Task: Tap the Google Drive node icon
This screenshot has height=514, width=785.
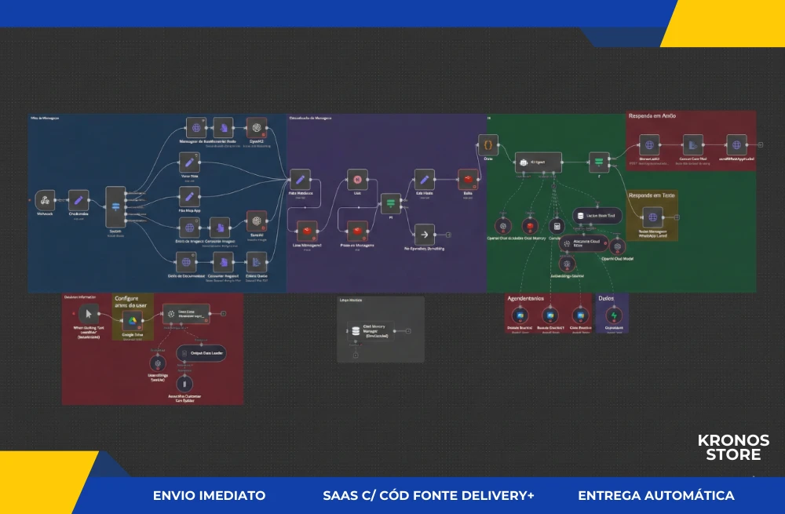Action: click(133, 322)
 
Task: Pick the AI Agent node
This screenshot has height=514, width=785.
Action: click(539, 162)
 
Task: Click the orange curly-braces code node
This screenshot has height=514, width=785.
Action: click(488, 145)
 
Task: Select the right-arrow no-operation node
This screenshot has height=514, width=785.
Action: click(424, 234)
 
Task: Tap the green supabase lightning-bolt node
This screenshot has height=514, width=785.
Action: click(614, 315)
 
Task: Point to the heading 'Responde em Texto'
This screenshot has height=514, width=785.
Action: click(652, 194)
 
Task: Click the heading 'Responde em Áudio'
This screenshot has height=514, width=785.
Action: click(652, 116)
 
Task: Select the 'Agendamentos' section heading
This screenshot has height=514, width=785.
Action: click(527, 299)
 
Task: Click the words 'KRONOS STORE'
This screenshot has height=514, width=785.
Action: click(733, 447)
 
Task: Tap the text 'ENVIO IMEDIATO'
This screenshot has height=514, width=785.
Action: click(209, 496)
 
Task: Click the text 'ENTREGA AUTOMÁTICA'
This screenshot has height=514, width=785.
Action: click(655, 496)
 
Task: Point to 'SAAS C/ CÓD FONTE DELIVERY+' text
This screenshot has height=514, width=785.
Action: click(428, 496)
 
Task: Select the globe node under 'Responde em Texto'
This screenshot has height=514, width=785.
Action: click(652, 217)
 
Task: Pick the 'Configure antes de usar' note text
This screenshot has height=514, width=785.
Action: click(132, 302)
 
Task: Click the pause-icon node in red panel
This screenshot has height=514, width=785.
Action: click(184, 383)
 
